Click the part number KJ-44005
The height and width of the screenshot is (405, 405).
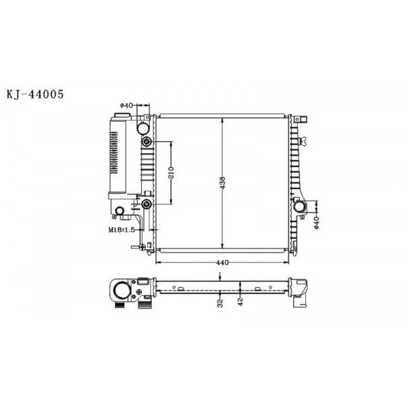tap(35, 94)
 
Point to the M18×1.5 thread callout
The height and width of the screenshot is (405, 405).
tap(122, 230)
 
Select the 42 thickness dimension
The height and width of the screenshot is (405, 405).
tap(241, 302)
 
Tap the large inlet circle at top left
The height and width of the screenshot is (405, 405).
tap(143, 127)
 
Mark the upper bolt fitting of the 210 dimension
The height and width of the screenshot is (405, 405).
tap(146, 142)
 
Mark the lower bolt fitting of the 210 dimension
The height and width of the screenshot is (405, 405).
tap(146, 205)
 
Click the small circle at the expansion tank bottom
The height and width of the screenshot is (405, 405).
tap(120, 213)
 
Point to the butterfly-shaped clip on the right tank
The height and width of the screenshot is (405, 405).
tap(303, 141)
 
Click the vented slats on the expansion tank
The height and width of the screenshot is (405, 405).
tap(113, 152)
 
